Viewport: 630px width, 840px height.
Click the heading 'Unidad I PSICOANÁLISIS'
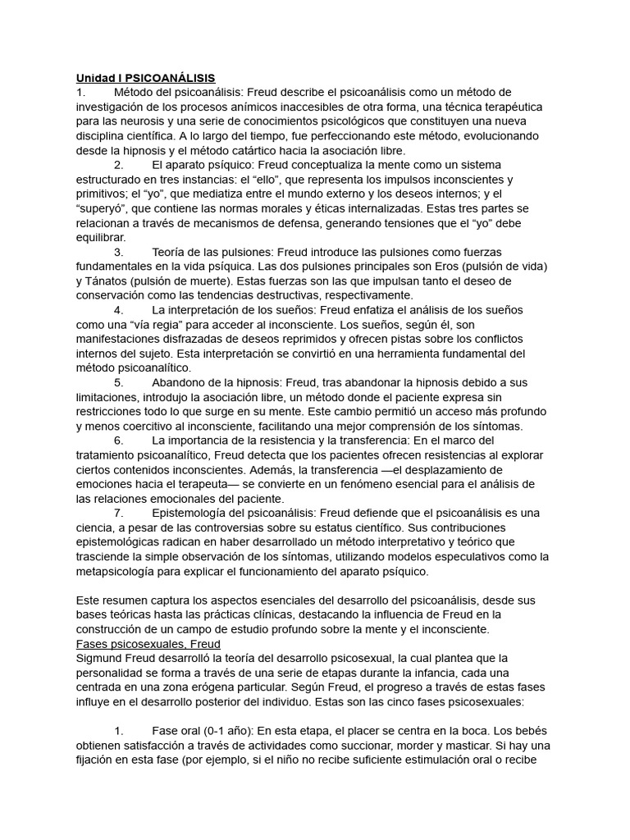145,78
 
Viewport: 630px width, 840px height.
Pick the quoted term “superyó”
103,209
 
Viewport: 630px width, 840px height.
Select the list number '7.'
119,513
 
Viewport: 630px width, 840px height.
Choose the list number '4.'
119,310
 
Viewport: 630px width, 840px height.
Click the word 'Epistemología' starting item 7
194,513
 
